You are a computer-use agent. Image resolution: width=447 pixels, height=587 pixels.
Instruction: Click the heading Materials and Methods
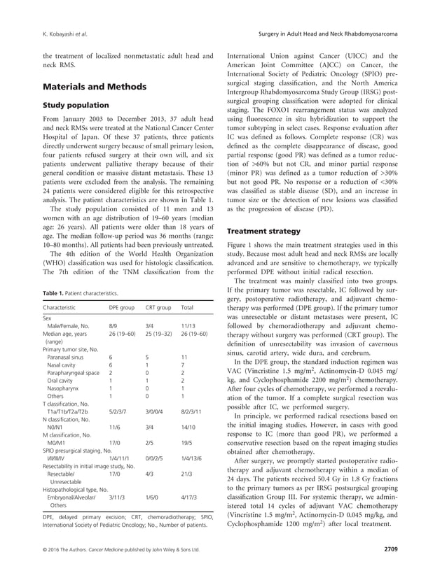tap(95, 87)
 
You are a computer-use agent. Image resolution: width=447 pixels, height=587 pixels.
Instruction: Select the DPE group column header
tap(123, 307)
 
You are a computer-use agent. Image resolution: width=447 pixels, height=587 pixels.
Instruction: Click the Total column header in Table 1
tap(187, 307)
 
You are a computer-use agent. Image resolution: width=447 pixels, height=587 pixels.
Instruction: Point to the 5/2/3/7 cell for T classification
tap(118, 413)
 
